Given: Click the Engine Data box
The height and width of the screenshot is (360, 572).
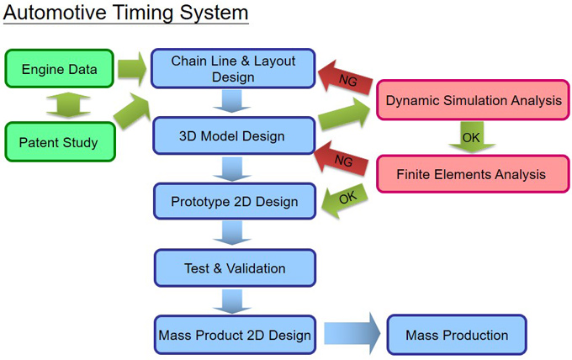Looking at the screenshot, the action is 59,69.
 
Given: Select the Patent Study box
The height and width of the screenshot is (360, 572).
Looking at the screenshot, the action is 61,142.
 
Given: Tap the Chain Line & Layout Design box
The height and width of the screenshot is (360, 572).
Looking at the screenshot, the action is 233,69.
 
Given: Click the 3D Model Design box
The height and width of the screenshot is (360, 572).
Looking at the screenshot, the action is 234,135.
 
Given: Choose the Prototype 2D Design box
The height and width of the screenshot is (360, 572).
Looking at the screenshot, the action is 235,201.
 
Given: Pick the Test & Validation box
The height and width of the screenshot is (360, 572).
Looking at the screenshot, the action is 235,268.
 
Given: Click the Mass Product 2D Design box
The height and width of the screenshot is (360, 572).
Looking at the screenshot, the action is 235,335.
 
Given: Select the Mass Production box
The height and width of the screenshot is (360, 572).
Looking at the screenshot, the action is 457,335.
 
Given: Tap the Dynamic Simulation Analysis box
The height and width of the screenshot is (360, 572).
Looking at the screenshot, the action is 473,100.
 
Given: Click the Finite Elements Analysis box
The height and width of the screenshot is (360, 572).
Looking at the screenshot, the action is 473,174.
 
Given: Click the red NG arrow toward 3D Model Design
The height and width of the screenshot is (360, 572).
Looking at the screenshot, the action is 341,159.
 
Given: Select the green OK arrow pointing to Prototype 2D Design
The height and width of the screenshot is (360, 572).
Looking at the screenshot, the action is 345,200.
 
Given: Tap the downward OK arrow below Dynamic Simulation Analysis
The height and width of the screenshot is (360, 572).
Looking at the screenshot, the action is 472,137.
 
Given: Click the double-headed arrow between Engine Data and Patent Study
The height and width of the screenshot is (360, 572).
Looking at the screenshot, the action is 68,105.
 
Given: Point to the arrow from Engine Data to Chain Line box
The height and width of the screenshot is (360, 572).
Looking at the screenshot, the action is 132,69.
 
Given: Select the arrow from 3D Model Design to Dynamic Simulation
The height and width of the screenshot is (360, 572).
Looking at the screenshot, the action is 344,114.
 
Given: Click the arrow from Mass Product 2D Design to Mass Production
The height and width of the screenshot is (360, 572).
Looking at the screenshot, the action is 352,333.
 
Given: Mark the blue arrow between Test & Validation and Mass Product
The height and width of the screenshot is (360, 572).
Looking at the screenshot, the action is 232,301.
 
